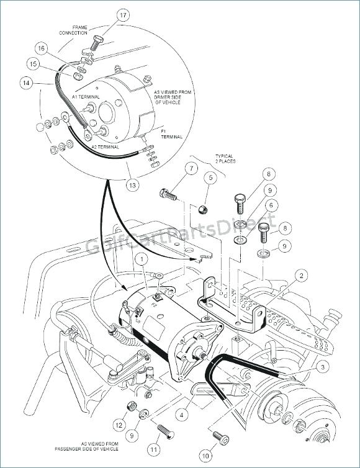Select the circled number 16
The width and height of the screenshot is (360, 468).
click(41, 48)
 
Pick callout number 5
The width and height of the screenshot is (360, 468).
click(210, 178)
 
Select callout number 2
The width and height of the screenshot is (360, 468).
click(300, 275)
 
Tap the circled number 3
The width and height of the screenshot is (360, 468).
click(323, 368)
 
